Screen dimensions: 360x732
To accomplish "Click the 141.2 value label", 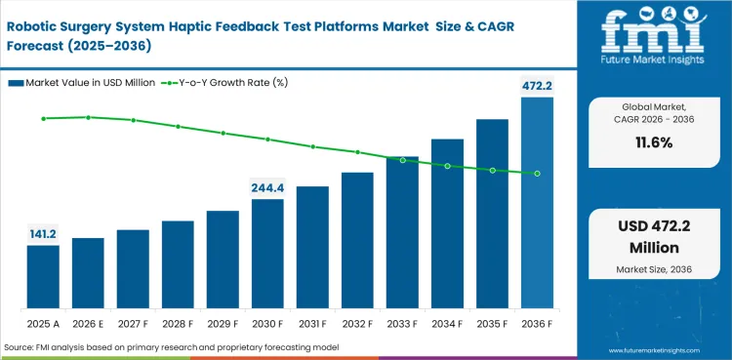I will tap(43, 233).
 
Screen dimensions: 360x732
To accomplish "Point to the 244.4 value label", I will tap(267, 187).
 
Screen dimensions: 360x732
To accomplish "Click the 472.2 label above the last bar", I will tap(537, 86).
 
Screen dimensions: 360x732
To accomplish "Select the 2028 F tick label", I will tap(178, 322).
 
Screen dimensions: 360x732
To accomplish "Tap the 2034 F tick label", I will tap(447, 322).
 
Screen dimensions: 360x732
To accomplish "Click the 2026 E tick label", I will tap(88, 322).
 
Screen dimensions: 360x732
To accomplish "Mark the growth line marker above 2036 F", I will tap(537, 174).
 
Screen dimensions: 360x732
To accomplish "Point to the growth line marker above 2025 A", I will tap(43, 119).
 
